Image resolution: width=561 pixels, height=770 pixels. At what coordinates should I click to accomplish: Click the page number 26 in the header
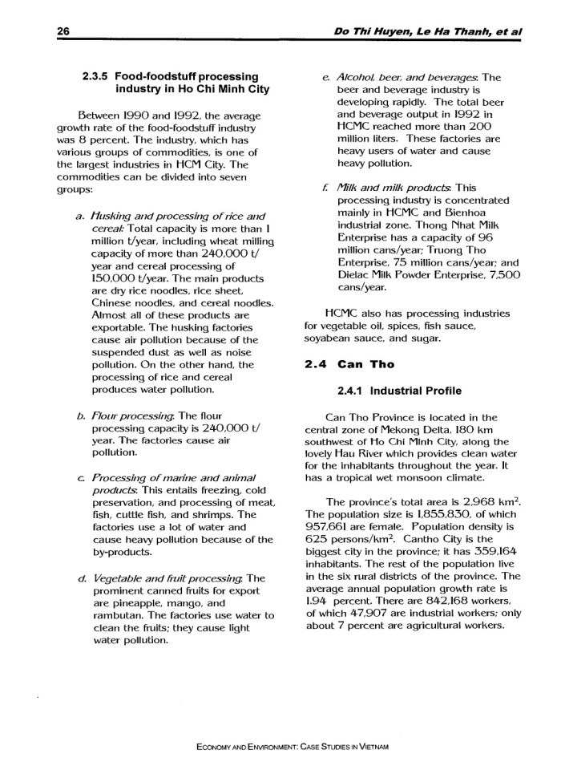[63, 30]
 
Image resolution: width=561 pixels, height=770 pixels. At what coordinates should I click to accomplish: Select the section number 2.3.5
[99, 78]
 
